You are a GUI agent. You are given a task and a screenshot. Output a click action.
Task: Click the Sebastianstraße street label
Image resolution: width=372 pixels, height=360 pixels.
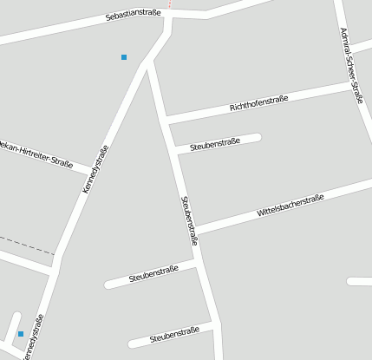[x=134, y=15]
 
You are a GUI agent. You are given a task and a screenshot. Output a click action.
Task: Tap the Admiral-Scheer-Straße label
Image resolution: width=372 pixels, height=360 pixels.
[x=351, y=65]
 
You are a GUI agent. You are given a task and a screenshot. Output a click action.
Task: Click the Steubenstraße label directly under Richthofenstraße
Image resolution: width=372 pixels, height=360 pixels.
[x=214, y=142]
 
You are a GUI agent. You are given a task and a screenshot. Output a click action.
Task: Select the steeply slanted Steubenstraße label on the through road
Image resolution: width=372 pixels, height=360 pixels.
[x=189, y=220]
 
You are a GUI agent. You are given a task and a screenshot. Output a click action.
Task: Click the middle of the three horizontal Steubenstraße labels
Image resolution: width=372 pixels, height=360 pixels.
[x=153, y=275]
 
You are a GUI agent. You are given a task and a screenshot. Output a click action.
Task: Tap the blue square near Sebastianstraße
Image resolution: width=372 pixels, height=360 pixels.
[x=124, y=57]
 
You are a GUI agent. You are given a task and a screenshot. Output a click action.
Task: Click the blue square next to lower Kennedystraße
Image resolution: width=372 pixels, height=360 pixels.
[x=21, y=333]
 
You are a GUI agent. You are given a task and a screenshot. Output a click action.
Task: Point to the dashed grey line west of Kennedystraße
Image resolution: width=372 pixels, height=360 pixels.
[x=26, y=245]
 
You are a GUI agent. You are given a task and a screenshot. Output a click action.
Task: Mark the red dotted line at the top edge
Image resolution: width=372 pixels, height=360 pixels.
[x=170, y=4]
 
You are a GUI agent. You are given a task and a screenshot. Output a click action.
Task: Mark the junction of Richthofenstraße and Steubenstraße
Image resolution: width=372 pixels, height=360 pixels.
[x=165, y=119]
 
